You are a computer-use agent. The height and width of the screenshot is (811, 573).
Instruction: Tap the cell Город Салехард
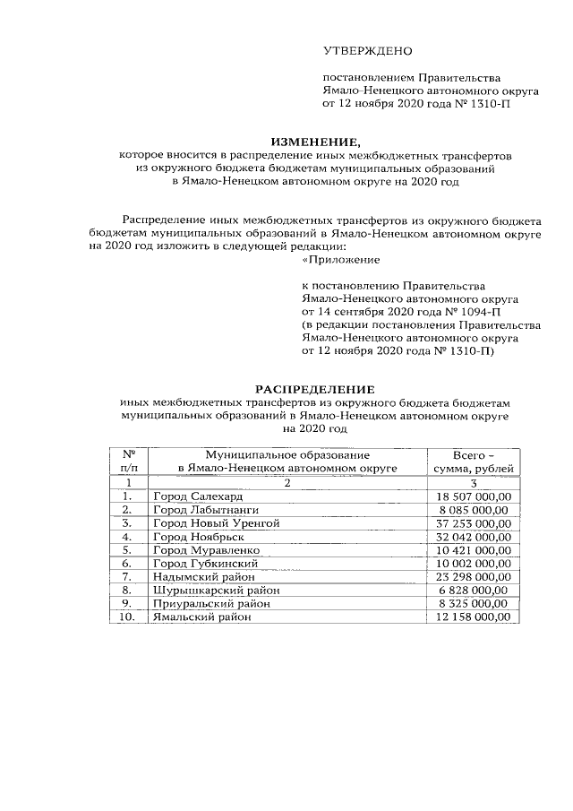point(198,496)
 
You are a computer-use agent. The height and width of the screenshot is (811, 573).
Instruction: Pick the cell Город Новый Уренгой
point(217,522)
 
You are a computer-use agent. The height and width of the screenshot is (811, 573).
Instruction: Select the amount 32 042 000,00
point(473,536)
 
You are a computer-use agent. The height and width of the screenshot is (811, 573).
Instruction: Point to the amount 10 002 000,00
point(473,563)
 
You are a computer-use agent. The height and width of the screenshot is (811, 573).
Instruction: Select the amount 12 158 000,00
point(473,617)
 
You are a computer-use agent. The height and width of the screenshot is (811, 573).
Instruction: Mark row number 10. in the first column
point(128,617)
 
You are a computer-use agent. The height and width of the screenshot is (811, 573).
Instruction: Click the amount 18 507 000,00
point(473,496)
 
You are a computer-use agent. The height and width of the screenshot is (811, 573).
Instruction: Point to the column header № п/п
point(128,462)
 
